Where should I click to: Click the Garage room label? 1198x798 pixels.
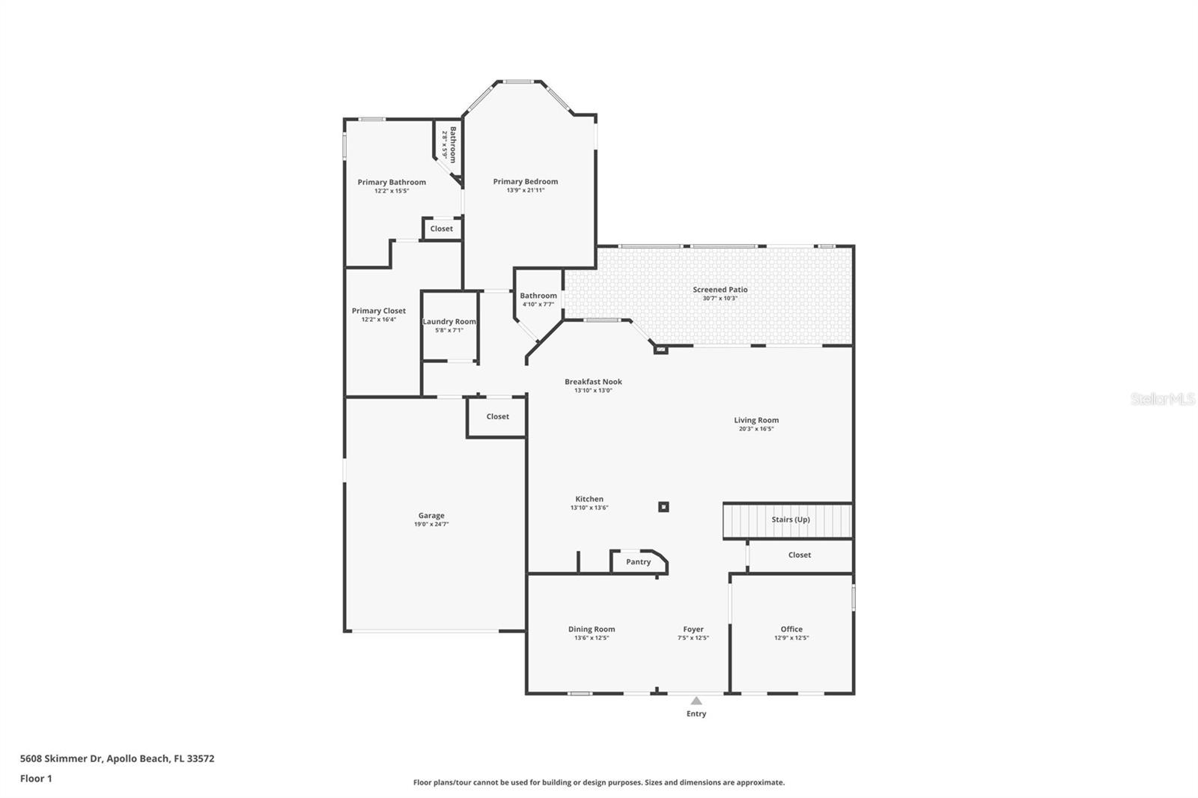pyautogui.click(x=431, y=516)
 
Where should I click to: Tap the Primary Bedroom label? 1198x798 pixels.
pyautogui.click(x=525, y=182)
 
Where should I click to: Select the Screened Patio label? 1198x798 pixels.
pyautogui.click(x=720, y=290)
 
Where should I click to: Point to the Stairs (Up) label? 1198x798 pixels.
pyautogui.click(x=791, y=520)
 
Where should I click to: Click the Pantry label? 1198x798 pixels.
pyautogui.click(x=638, y=561)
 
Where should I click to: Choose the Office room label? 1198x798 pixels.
pyautogui.click(x=791, y=629)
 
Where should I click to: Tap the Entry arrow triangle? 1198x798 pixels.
pyautogui.click(x=696, y=701)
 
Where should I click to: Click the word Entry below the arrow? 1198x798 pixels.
pyautogui.click(x=696, y=713)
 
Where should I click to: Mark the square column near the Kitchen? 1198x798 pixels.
pyautogui.click(x=663, y=507)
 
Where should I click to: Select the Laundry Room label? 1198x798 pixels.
pyautogui.click(x=449, y=321)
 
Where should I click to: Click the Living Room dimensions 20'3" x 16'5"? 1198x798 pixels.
pyautogui.click(x=756, y=428)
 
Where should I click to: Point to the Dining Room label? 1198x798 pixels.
pyautogui.click(x=592, y=629)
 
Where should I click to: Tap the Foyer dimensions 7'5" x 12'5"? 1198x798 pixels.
pyautogui.click(x=693, y=638)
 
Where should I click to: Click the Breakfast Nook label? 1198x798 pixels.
pyautogui.click(x=593, y=381)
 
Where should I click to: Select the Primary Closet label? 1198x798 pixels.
pyautogui.click(x=379, y=311)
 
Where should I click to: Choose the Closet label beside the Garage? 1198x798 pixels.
pyautogui.click(x=497, y=416)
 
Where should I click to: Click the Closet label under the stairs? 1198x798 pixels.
pyautogui.click(x=800, y=555)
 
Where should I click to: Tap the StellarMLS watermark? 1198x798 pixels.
pyautogui.click(x=1163, y=398)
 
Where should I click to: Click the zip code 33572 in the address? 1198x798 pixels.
pyautogui.click(x=201, y=758)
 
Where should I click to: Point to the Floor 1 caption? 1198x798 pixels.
pyautogui.click(x=36, y=779)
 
